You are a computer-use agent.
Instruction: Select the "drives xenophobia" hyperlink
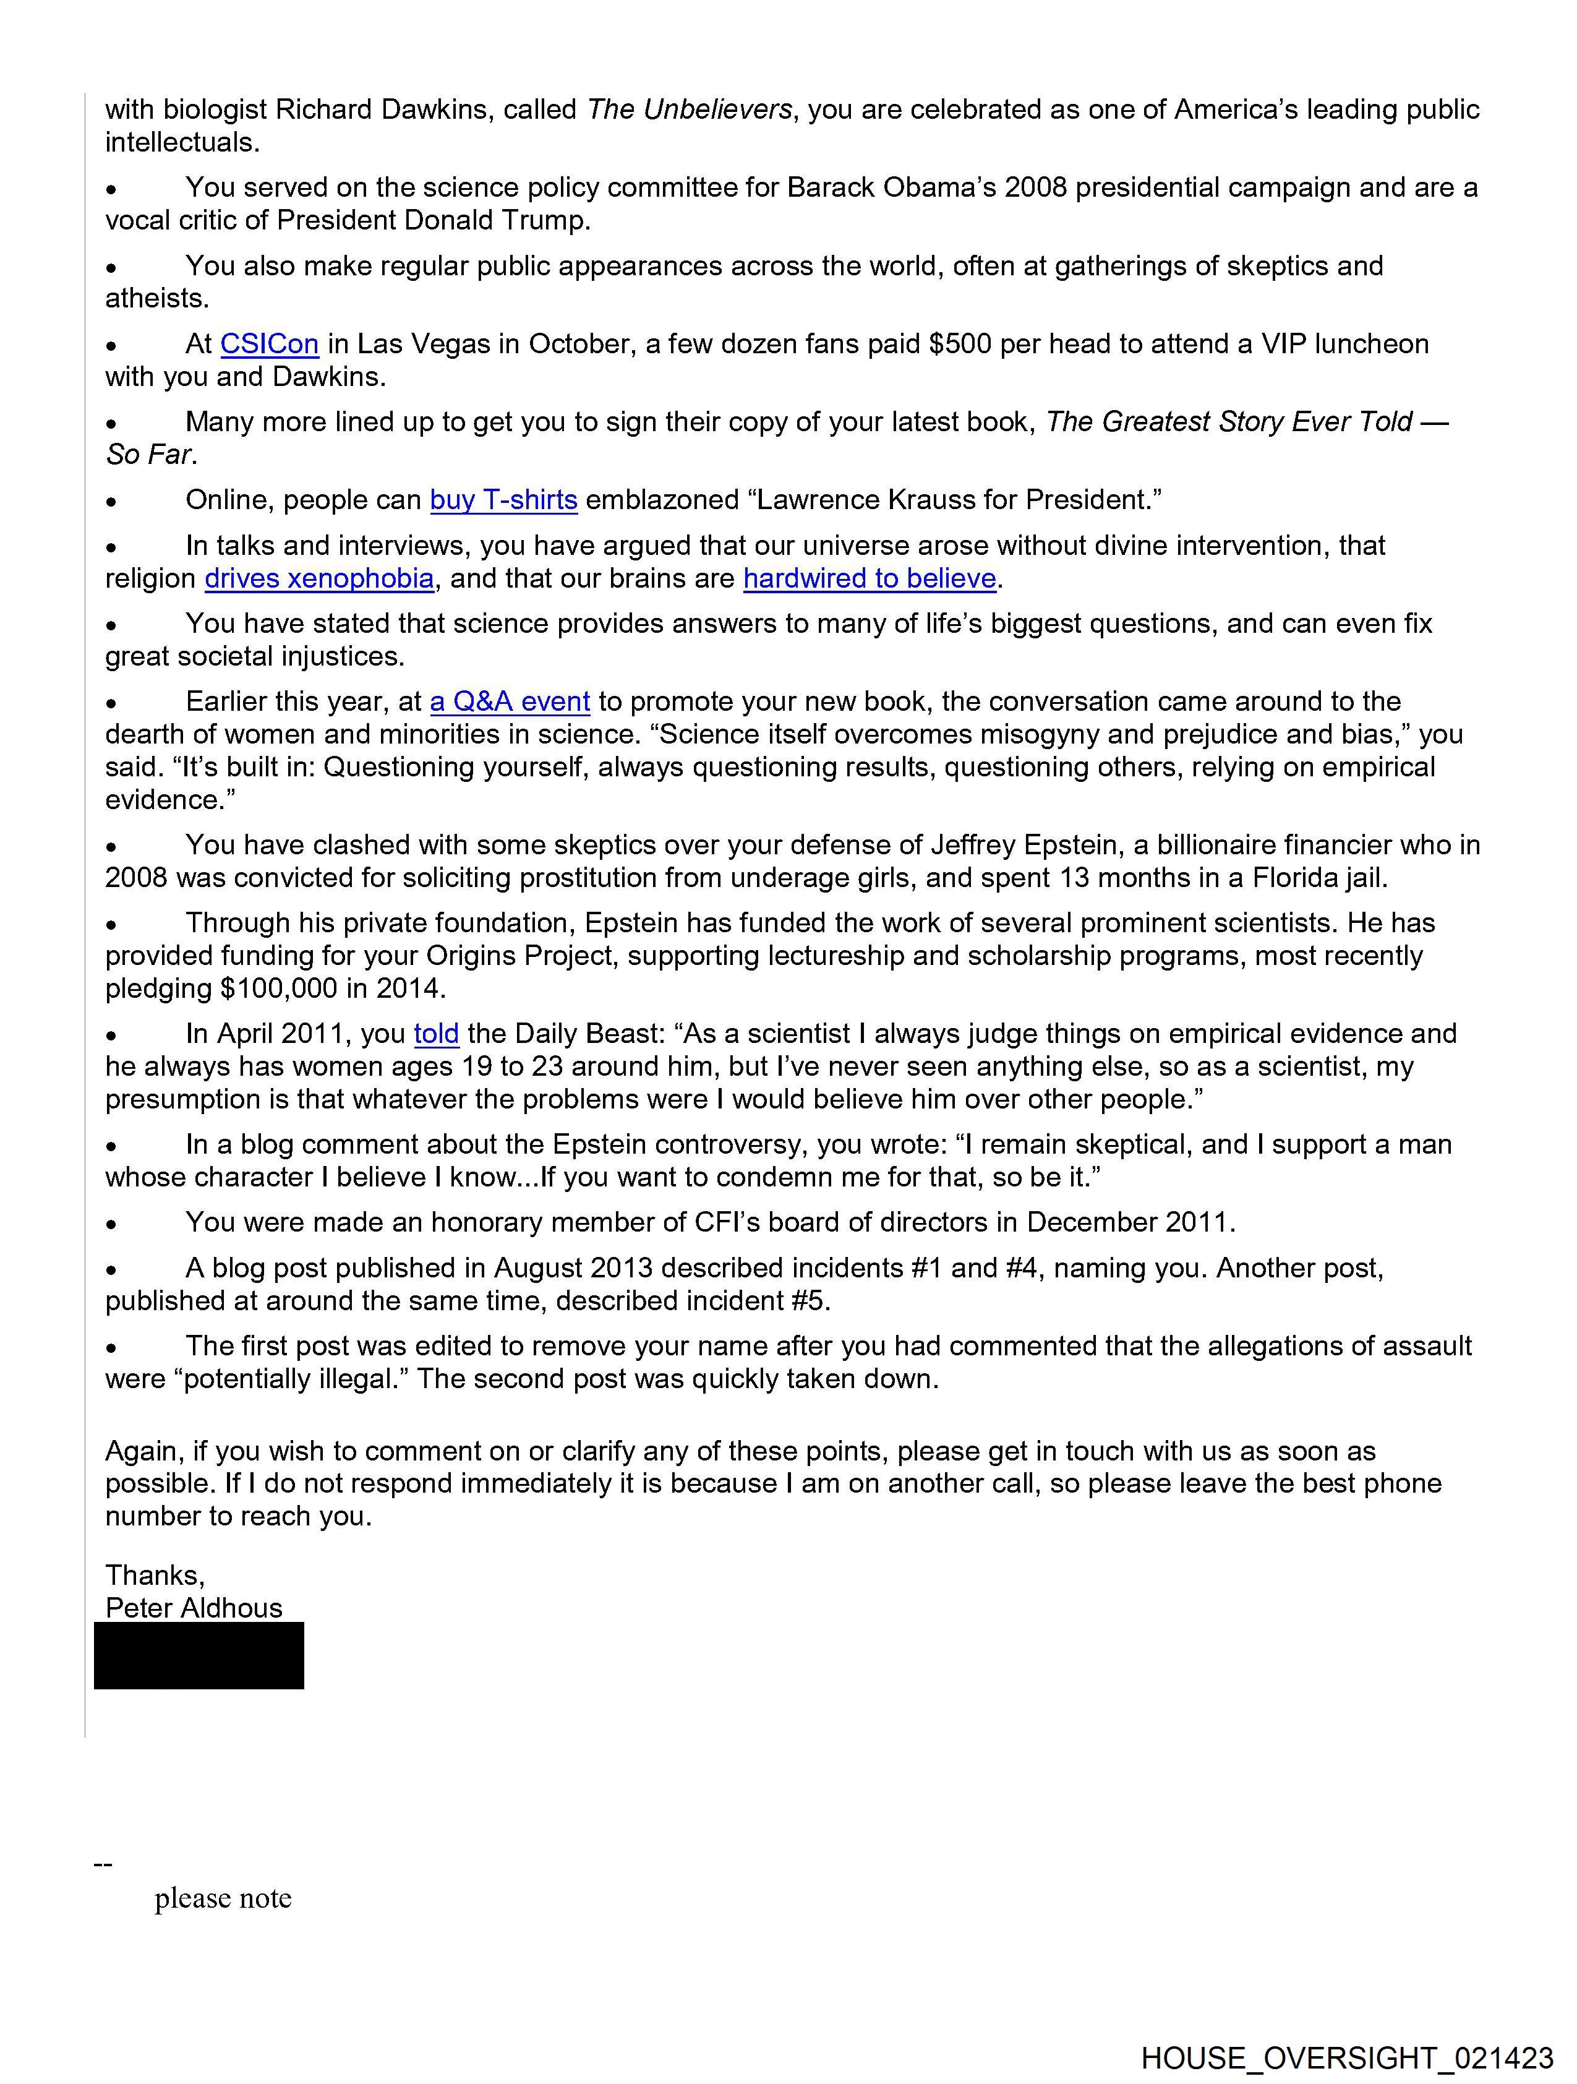(319, 578)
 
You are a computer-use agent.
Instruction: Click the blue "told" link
(436, 1034)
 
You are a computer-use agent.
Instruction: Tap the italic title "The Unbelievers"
(689, 109)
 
